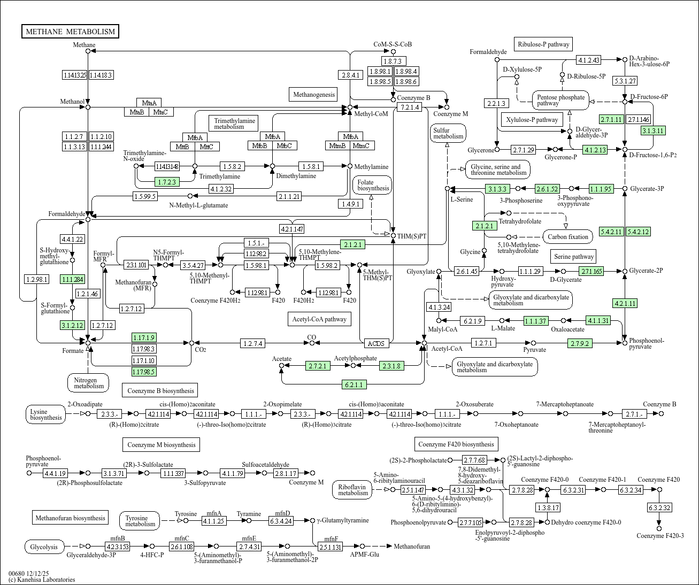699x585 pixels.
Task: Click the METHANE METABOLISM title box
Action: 70,32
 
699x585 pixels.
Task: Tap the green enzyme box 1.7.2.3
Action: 167,182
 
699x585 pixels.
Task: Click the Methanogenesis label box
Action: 313,95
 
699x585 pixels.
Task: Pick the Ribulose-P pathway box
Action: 543,44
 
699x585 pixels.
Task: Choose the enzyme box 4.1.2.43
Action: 588,60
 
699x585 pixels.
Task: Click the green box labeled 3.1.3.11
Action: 653,130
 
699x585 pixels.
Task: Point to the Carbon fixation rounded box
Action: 568,236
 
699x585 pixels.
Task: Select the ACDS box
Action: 377,343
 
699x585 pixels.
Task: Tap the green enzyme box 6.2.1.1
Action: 354,384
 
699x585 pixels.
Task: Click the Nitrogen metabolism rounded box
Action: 89,382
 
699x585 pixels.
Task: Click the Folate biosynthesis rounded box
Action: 372,185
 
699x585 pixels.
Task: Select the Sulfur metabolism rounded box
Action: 448,133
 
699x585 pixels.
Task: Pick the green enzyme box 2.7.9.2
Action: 580,343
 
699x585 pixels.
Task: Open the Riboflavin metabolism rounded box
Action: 353,489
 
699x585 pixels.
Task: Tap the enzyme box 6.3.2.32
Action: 659,507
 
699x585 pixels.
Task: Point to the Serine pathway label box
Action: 574,257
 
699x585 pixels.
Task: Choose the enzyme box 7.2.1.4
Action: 409,107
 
